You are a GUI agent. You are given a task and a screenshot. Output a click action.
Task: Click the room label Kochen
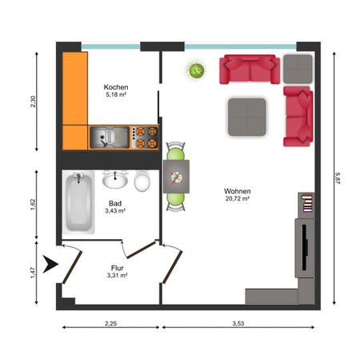point(116,86)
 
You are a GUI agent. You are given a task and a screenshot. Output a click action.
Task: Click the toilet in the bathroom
point(142,181)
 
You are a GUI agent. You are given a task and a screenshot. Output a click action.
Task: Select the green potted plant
point(195,71)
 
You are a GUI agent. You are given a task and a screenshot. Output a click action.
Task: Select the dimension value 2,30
point(33,102)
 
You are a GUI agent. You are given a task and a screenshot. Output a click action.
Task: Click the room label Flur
point(117,268)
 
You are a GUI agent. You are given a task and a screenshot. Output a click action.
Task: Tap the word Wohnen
point(238,191)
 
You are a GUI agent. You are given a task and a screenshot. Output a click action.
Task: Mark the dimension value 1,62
point(33,204)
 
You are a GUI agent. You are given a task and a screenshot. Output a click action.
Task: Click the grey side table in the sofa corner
point(298,69)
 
